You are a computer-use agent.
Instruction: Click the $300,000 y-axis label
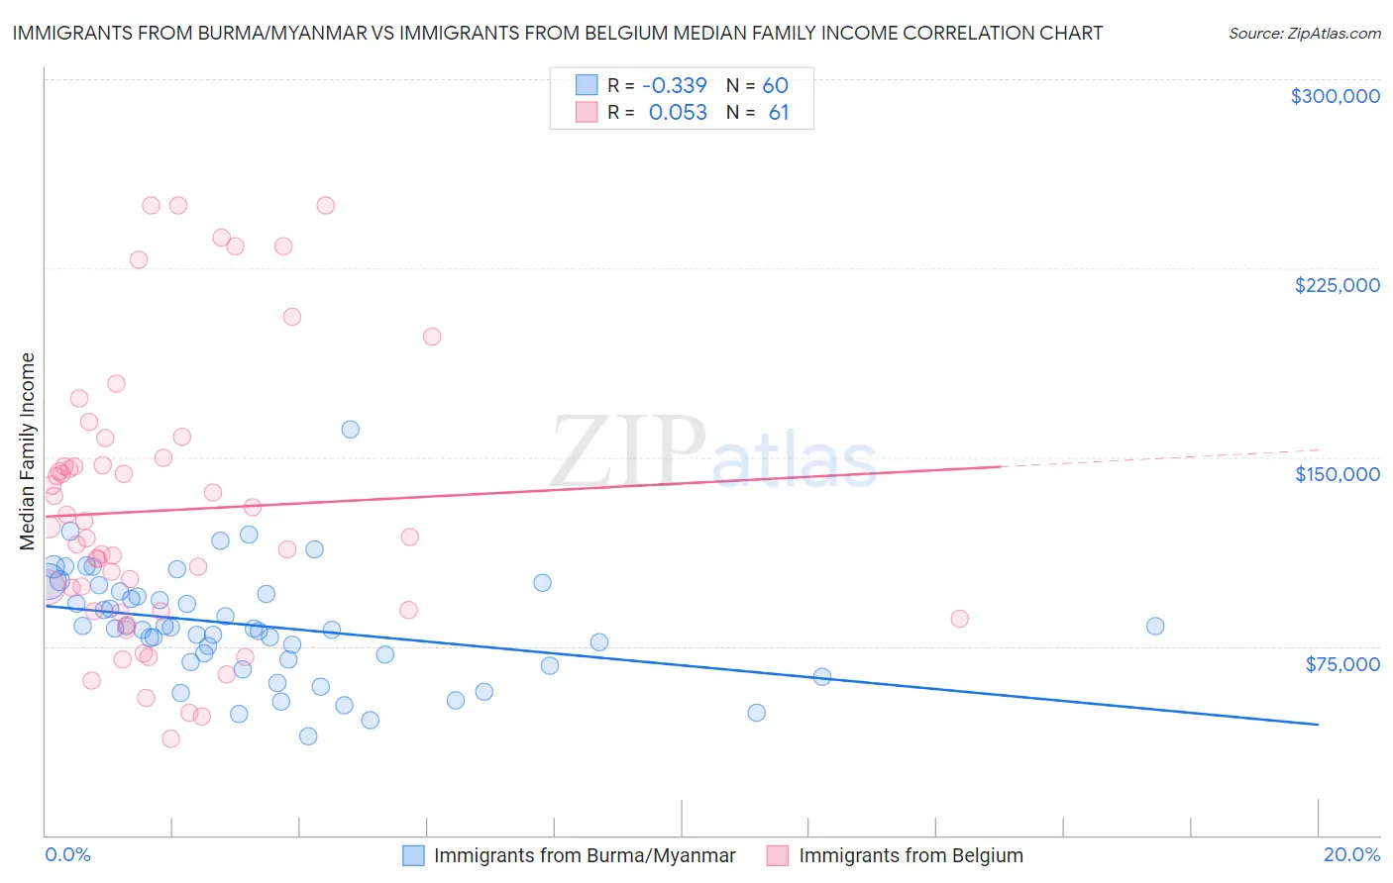pyautogui.click(x=1335, y=96)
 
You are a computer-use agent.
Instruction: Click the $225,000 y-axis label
pyautogui.click(x=1337, y=285)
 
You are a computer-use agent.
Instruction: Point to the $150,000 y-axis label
pyautogui.click(x=1337, y=474)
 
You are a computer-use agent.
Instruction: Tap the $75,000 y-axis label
pyautogui.click(x=1341, y=664)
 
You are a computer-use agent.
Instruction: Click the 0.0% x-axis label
pyautogui.click(x=67, y=854)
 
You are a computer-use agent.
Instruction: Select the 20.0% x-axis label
pyautogui.click(x=1351, y=854)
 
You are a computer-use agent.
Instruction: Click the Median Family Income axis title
pyautogui.click(x=27, y=451)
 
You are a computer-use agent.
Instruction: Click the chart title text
pyautogui.click(x=557, y=33)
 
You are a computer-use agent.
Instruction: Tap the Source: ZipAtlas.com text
pyautogui.click(x=1304, y=34)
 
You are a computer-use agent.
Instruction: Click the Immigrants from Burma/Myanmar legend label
pyautogui.click(x=585, y=856)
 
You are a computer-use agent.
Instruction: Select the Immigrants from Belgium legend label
pyautogui.click(x=911, y=856)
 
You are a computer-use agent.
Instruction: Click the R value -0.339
pyautogui.click(x=675, y=86)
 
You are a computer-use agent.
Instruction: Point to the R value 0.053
pyautogui.click(x=678, y=113)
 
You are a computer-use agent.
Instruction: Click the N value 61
pyautogui.click(x=779, y=113)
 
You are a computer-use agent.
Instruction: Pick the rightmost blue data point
pyautogui.click(x=1154, y=626)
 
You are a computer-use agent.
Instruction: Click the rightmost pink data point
pyautogui.click(x=959, y=619)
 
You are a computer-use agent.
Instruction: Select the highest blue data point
pyautogui.click(x=350, y=430)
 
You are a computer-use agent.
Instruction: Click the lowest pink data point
pyautogui.click(x=170, y=738)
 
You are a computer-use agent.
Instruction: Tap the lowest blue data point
pyautogui.click(x=308, y=736)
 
